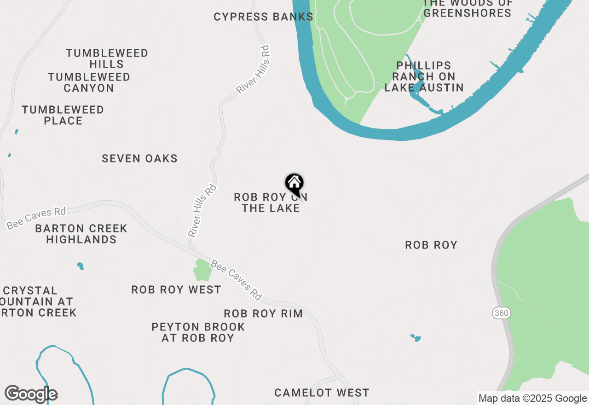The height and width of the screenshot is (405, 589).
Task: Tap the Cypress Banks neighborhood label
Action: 263,17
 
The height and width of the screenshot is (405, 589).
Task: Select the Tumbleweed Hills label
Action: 107,58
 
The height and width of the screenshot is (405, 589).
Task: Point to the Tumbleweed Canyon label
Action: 89,82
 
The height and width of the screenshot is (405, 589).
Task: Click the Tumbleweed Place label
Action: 63,115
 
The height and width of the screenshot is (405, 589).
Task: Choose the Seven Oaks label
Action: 139,158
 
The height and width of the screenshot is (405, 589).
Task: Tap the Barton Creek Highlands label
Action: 81,234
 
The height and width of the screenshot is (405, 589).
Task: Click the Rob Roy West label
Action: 176,289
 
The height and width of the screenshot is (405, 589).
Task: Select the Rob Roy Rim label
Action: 263,313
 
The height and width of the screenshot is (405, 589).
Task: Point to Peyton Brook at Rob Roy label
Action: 198,332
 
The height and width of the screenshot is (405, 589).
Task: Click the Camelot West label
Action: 322,393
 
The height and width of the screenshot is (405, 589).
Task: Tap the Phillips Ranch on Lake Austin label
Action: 424,76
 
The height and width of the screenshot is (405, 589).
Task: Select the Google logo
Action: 31,394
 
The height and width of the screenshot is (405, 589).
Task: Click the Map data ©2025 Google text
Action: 532,399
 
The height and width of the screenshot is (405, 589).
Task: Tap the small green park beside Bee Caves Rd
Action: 202,270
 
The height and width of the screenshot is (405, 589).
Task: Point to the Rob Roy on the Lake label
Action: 271,202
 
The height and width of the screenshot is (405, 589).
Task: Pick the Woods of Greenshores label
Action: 468,8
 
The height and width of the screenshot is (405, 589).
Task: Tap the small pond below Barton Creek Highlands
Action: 81,266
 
